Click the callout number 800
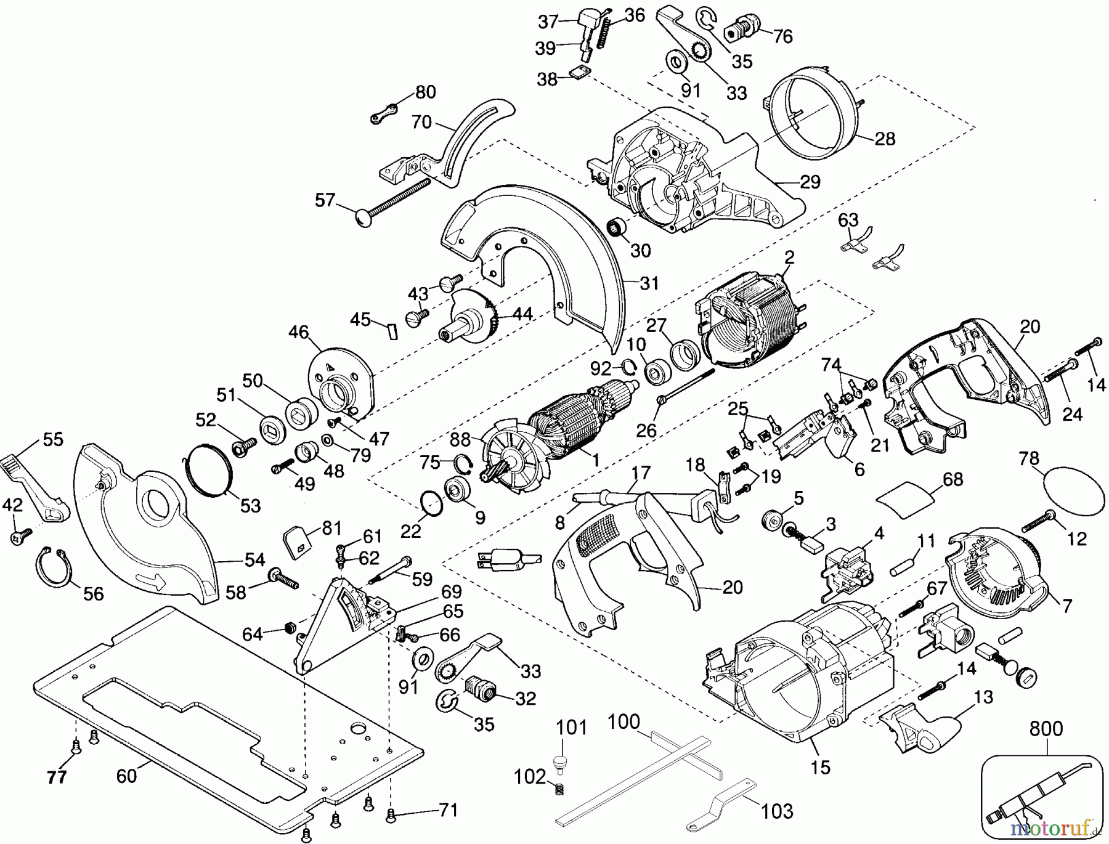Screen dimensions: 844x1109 [x=1046, y=729]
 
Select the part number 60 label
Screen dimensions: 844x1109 [x=126, y=776]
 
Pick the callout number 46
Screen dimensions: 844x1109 [x=298, y=333]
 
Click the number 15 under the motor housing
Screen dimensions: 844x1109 [x=821, y=767]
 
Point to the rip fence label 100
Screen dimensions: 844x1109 [x=624, y=721]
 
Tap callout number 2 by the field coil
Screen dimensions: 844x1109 [x=789, y=257]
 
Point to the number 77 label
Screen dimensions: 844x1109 [x=57, y=778]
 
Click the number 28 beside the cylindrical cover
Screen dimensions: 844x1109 [x=885, y=139]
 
